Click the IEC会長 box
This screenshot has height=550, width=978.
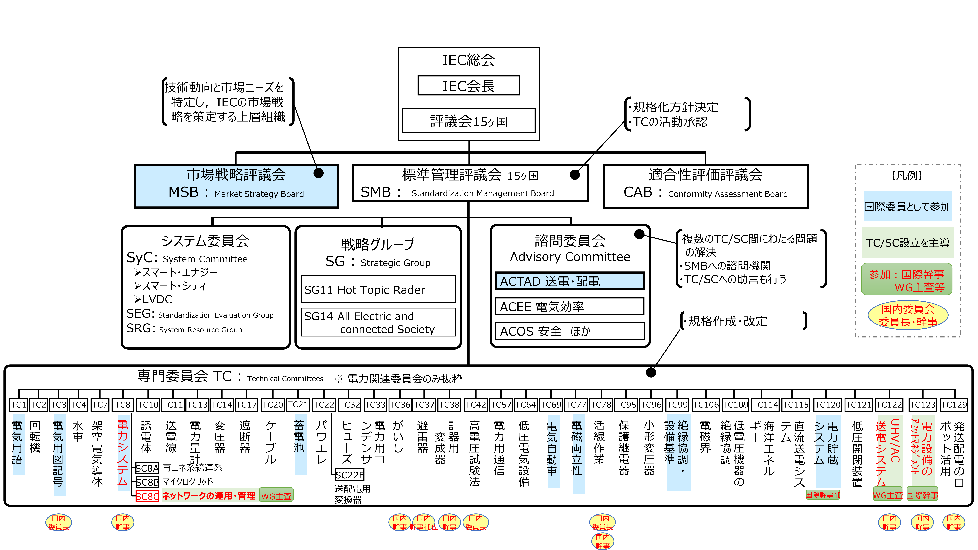(468, 86)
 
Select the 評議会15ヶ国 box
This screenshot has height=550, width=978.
(468, 121)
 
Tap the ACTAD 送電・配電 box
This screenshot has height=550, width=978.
(569, 281)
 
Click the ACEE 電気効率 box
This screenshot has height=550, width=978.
(569, 306)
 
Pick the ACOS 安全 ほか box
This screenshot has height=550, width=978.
(569, 331)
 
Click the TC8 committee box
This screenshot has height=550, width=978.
(123, 405)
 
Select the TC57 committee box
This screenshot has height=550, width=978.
(501, 405)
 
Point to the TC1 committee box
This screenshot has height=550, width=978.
(18, 405)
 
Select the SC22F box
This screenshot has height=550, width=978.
(349, 475)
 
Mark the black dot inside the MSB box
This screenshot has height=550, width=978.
(319, 173)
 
